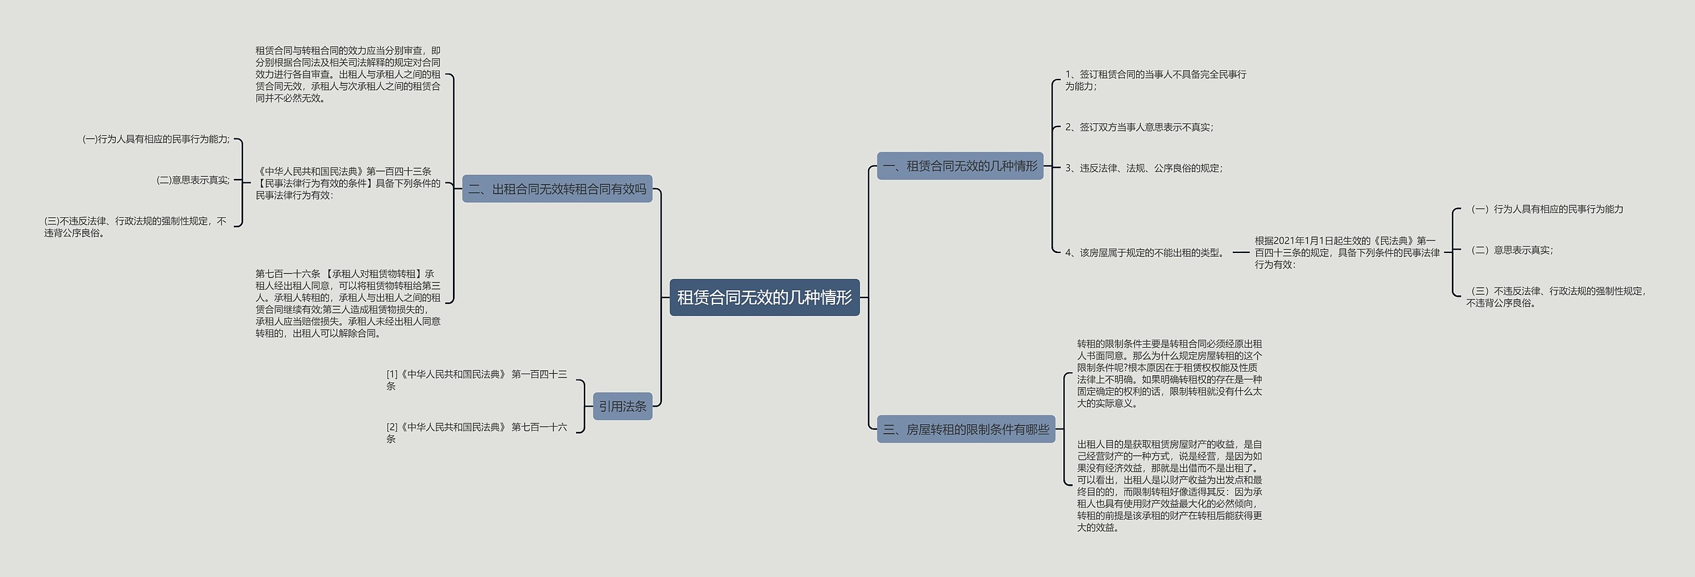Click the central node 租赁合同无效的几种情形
pos(764,297)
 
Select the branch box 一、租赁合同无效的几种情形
pos(960,166)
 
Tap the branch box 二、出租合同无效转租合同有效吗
pos(557,189)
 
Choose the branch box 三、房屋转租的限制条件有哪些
pos(965,429)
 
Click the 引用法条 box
pos(622,406)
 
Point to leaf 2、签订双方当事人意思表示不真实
pos(1139,127)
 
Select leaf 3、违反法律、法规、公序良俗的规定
pos(1143,168)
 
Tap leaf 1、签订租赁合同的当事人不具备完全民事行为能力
pos(1155,80)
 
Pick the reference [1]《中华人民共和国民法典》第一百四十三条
pos(476,380)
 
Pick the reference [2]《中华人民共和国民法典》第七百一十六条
pos(476,433)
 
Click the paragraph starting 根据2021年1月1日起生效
pos(1347,252)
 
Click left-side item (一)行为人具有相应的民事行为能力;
pos(156,139)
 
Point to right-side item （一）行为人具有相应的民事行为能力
pos(1546,209)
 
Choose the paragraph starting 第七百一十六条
pos(348,303)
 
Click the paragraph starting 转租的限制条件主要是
pos(1169,374)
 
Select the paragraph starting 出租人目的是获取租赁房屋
pos(1169,486)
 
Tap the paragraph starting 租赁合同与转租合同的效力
pos(348,74)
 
